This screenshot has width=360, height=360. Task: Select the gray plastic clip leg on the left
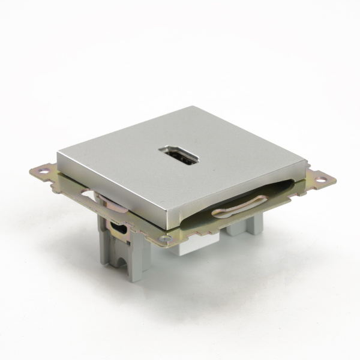[x=120, y=252]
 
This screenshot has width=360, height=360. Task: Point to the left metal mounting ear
[x=48, y=177]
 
